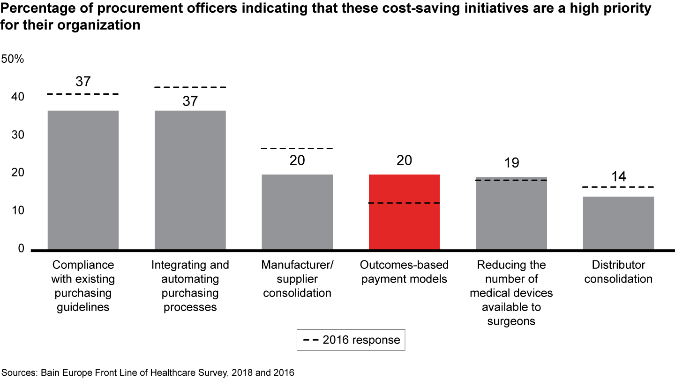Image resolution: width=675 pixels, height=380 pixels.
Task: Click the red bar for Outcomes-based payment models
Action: pyautogui.click(x=404, y=212)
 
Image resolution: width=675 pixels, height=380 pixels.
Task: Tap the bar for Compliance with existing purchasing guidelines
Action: pyautogui.click(x=83, y=180)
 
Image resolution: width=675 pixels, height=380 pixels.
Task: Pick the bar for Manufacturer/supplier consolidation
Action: pyautogui.click(x=297, y=212)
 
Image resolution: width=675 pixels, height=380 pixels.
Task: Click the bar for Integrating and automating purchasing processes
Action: pyautogui.click(x=190, y=180)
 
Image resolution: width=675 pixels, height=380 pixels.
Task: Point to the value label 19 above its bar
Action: pyautogui.click(x=511, y=163)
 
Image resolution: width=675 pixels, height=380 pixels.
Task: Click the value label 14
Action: pyautogui.click(x=618, y=176)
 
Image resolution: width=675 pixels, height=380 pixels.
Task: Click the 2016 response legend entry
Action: pyautogui.click(x=351, y=340)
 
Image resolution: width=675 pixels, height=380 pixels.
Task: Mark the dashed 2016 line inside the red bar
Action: pyautogui.click(x=404, y=203)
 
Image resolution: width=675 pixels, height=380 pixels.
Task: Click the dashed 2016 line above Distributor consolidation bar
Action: pyautogui.click(x=618, y=187)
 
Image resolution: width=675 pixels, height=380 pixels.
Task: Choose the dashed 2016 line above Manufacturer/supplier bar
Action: pyautogui.click(x=297, y=148)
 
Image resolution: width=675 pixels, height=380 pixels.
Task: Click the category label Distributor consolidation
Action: pyautogui.click(x=618, y=272)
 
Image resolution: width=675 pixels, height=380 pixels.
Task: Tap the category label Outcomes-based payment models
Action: pyautogui.click(x=404, y=272)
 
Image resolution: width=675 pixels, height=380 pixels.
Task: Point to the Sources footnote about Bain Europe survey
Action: pyautogui.click(x=147, y=373)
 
